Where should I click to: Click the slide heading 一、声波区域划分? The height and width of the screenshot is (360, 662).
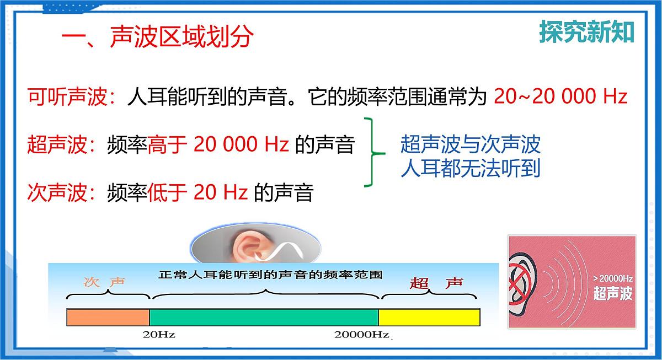pyautogui.click(x=158, y=37)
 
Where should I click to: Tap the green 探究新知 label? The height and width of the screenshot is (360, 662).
pyautogui.click(x=586, y=33)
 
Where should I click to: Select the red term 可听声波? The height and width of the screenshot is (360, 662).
pyautogui.click(x=67, y=97)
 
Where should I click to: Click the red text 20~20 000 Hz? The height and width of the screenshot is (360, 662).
pyautogui.click(x=560, y=97)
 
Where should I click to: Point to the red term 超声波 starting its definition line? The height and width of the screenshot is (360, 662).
pyautogui.click(x=56, y=144)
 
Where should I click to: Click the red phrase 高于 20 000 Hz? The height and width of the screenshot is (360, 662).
pyautogui.click(x=218, y=144)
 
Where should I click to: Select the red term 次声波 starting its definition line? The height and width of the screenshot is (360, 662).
pyautogui.click(x=56, y=193)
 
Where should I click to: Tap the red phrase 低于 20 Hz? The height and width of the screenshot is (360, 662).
pyautogui.click(x=198, y=193)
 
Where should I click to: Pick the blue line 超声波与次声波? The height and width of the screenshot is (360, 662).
pyautogui.click(x=471, y=144)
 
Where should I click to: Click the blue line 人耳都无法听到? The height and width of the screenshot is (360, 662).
pyautogui.click(x=471, y=168)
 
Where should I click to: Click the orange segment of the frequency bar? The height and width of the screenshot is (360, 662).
pyautogui.click(x=108, y=317)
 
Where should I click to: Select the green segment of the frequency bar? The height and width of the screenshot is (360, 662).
pyautogui.click(x=264, y=317)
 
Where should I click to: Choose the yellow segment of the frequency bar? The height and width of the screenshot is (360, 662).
pyautogui.click(x=429, y=317)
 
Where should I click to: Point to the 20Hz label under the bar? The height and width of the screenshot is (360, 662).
pyautogui.click(x=159, y=335)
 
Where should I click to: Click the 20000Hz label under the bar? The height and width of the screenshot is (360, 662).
pyautogui.click(x=361, y=335)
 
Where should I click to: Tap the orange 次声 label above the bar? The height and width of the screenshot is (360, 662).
pyautogui.click(x=104, y=282)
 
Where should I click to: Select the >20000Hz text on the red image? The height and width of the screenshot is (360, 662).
pyautogui.click(x=613, y=278)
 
